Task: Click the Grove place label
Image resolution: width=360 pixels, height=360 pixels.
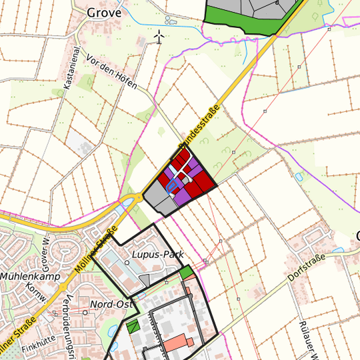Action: pyautogui.click(x=103, y=11)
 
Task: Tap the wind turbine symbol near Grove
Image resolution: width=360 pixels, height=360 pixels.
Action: pyautogui.click(x=159, y=37)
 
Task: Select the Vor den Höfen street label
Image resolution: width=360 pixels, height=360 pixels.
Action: pyautogui.click(x=112, y=73)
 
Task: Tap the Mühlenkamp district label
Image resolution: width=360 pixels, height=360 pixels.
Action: pyautogui.click(x=30, y=275)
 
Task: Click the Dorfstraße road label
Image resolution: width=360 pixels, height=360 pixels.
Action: pyautogui.click(x=306, y=266)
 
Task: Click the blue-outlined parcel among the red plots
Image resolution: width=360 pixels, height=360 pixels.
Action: pyautogui.click(x=173, y=185)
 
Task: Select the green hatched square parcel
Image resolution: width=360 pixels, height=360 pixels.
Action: pyautogui.click(x=133, y=326)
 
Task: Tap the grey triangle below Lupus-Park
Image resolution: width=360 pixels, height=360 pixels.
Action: pyautogui.click(x=154, y=278)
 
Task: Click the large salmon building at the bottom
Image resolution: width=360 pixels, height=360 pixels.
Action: pyautogui.click(x=179, y=343)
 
